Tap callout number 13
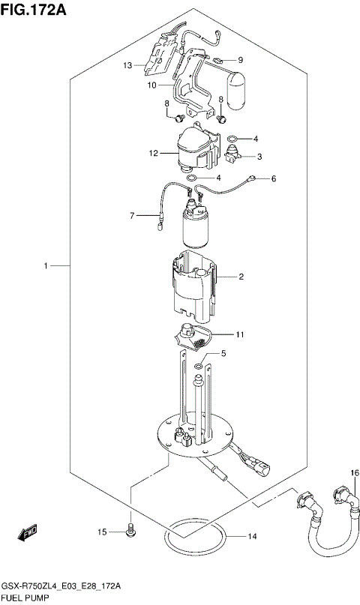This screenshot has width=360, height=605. point(128,65)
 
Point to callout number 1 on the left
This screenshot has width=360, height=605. point(46,265)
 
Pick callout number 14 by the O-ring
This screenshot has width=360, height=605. point(252,536)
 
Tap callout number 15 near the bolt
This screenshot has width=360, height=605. point(102,532)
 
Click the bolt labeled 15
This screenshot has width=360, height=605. point(130,532)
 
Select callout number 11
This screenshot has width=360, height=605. point(240,334)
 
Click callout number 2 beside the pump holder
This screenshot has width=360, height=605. point(241,277)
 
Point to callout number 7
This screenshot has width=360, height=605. point(132,216)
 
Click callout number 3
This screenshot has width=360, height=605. point(259,157)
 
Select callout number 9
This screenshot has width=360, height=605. point(241,60)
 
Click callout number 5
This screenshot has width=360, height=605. point(223,353)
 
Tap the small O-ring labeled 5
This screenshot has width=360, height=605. point(196,366)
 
